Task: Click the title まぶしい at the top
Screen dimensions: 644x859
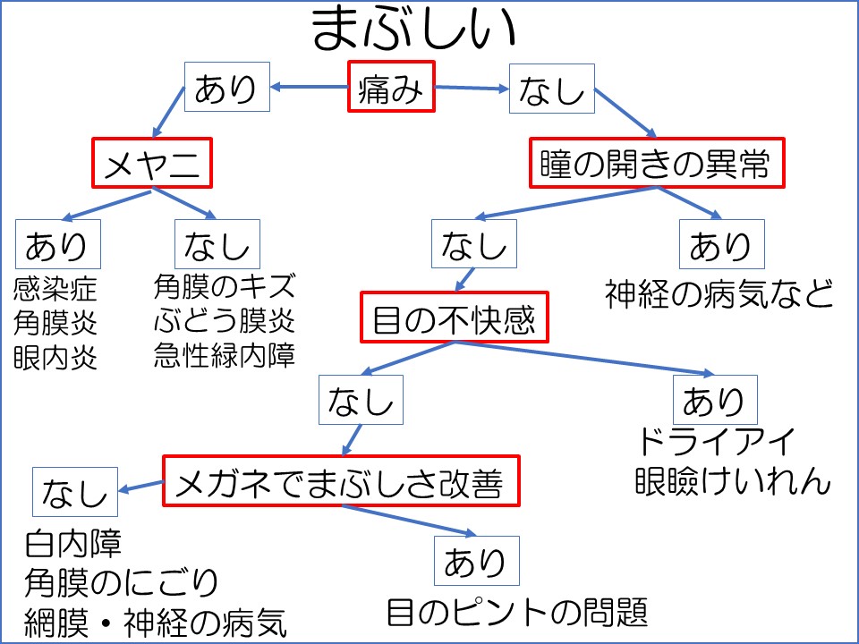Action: tap(414, 30)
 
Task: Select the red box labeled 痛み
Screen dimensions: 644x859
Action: tap(391, 87)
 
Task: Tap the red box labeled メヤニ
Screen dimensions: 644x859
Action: tap(151, 163)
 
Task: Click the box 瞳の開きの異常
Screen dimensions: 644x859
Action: tap(656, 163)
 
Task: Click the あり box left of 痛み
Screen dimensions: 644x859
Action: tap(226, 88)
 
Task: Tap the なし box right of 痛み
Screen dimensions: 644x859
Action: tap(551, 88)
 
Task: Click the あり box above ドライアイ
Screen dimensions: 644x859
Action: tap(714, 399)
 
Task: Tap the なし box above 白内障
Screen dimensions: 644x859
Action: tap(74, 491)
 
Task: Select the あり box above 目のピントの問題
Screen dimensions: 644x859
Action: tap(475, 561)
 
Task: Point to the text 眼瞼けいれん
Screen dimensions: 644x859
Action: tap(733, 481)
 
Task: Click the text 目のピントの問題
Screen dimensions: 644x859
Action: tap(516, 613)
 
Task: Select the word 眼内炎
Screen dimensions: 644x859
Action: tap(55, 358)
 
